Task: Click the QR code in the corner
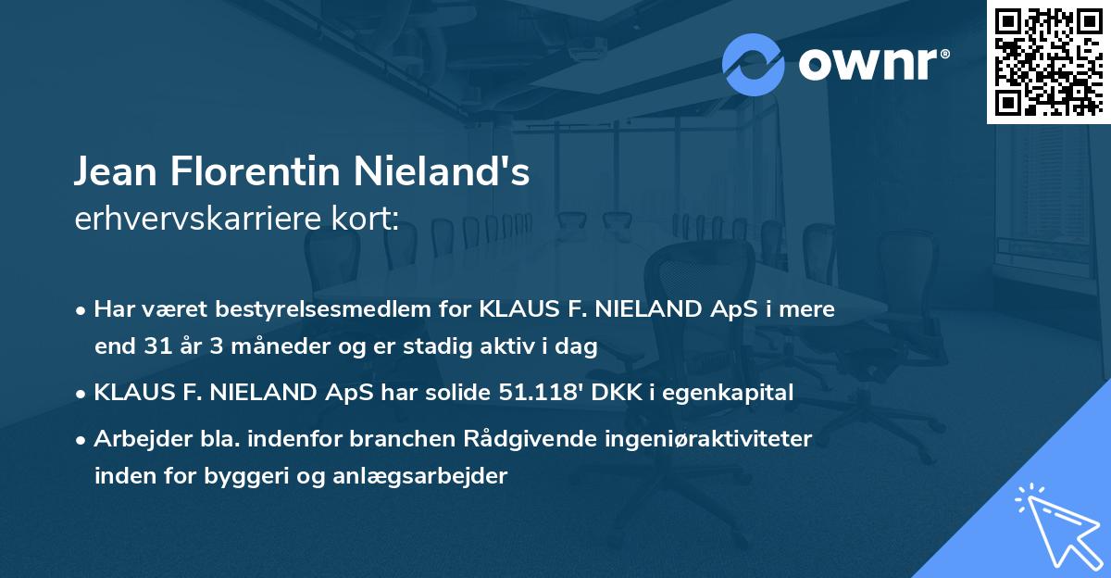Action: pyautogui.click(x=1049, y=61)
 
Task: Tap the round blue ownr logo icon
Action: pyautogui.click(x=754, y=64)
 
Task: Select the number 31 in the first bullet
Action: pyautogui.click(x=160, y=347)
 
